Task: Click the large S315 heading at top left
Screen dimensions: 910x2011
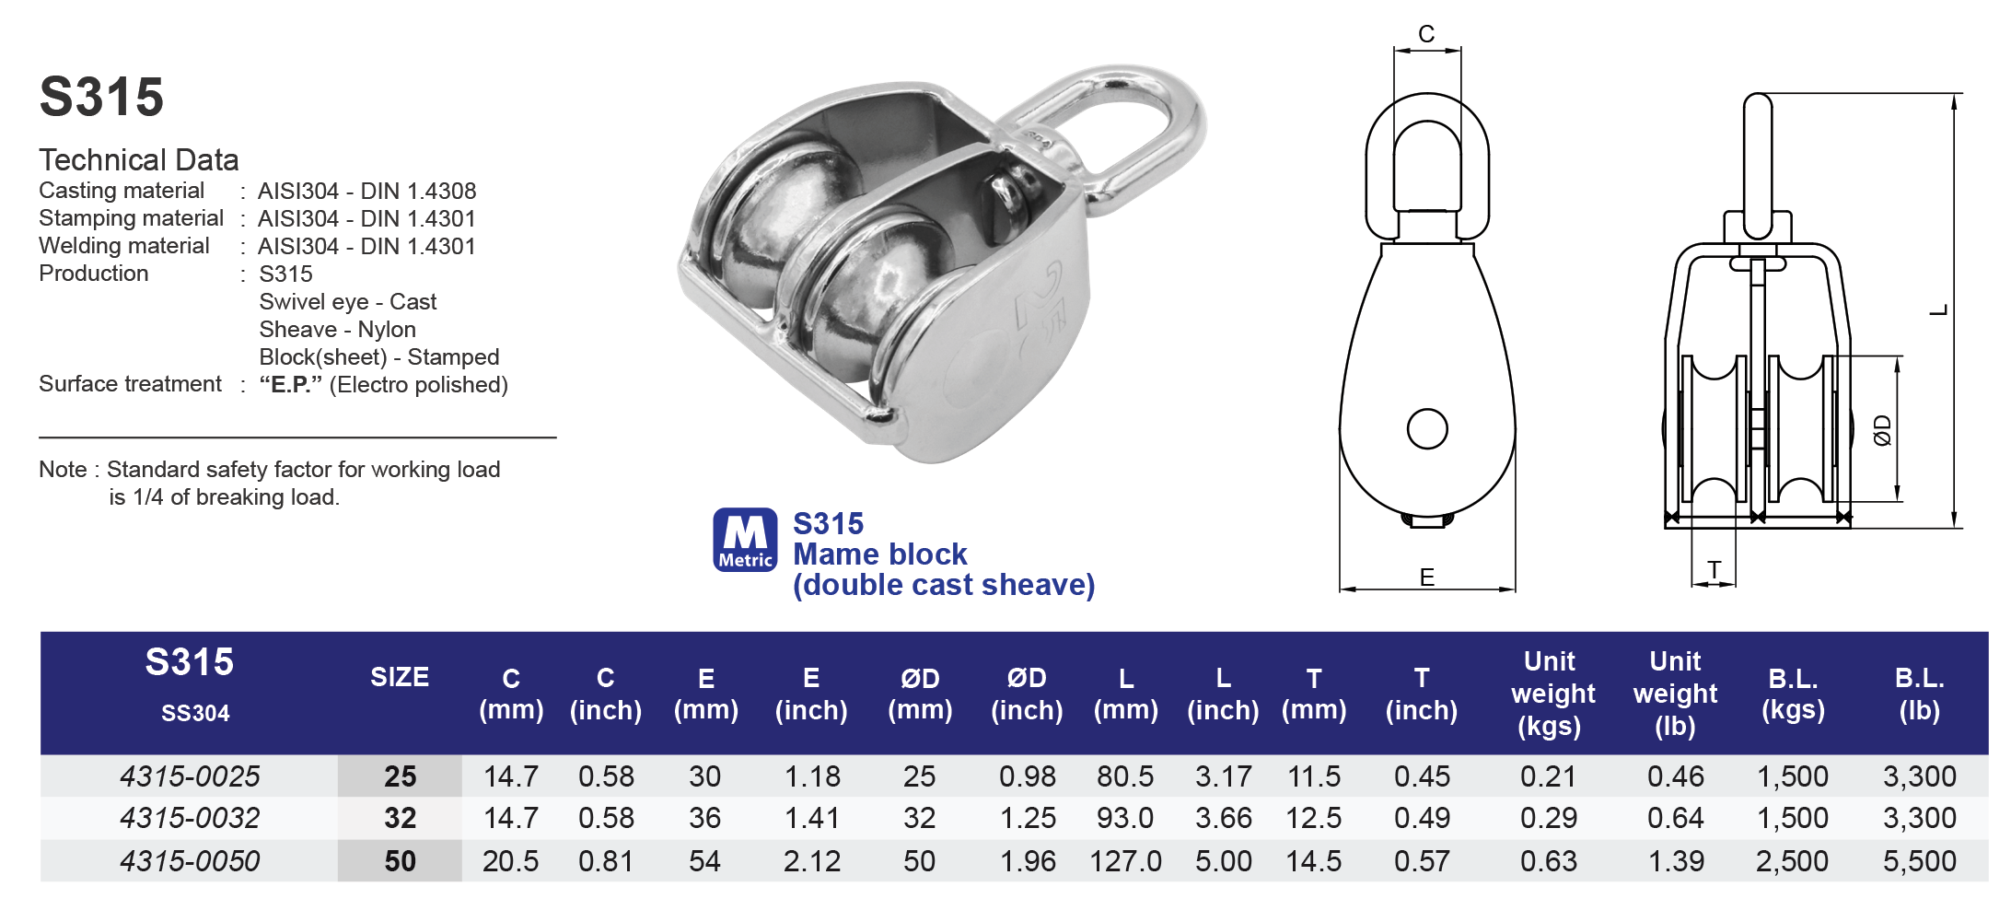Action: coord(101,98)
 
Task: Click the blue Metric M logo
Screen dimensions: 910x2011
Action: coord(745,540)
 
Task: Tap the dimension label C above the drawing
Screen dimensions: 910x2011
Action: coord(1426,34)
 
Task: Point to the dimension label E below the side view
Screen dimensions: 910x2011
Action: coord(1426,577)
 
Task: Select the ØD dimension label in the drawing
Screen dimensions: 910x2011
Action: coord(1883,430)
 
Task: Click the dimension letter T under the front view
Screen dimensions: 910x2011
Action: coord(1714,570)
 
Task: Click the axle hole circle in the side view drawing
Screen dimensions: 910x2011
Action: coord(1427,429)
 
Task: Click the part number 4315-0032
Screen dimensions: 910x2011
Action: coord(190,818)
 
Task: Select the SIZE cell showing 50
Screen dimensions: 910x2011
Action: coord(400,861)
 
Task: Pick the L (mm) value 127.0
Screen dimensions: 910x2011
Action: coord(1125,861)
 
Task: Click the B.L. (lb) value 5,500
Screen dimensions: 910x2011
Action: coord(1919,861)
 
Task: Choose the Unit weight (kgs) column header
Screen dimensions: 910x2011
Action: coord(1551,694)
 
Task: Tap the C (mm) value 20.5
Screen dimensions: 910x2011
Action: coord(511,861)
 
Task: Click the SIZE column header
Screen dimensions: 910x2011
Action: coord(400,677)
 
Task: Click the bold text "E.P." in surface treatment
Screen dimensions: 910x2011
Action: coord(290,385)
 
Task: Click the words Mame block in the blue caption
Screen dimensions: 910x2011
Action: coord(879,554)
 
